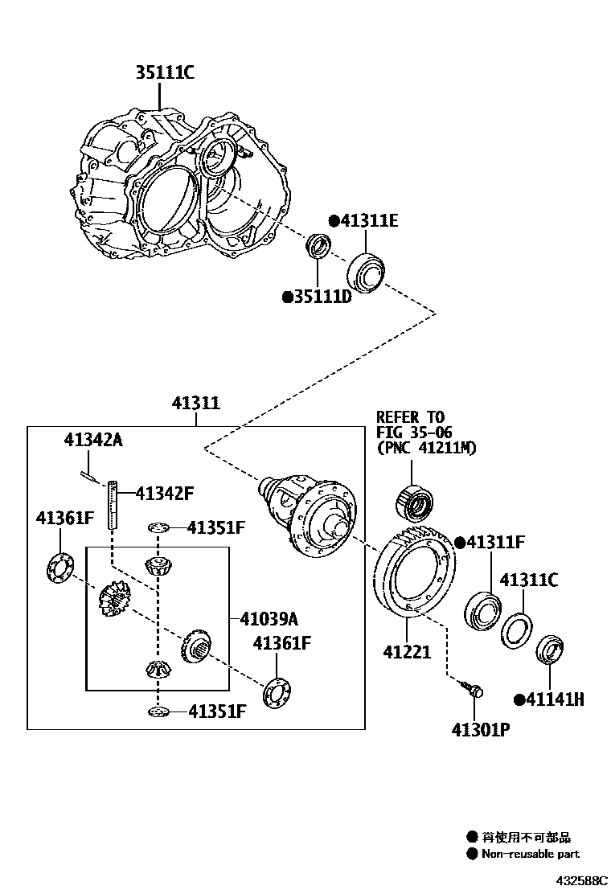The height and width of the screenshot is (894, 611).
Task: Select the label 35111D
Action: point(317,297)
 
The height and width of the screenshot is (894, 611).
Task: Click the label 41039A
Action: point(269,618)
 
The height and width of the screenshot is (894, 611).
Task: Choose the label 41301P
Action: point(481,729)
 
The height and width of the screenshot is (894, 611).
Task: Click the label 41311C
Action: point(528,580)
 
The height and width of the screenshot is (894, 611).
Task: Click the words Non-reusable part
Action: point(530,854)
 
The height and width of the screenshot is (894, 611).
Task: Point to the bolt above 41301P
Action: point(471,688)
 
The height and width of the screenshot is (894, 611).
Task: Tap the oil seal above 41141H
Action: point(552,650)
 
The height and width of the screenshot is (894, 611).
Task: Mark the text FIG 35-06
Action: point(414,433)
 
